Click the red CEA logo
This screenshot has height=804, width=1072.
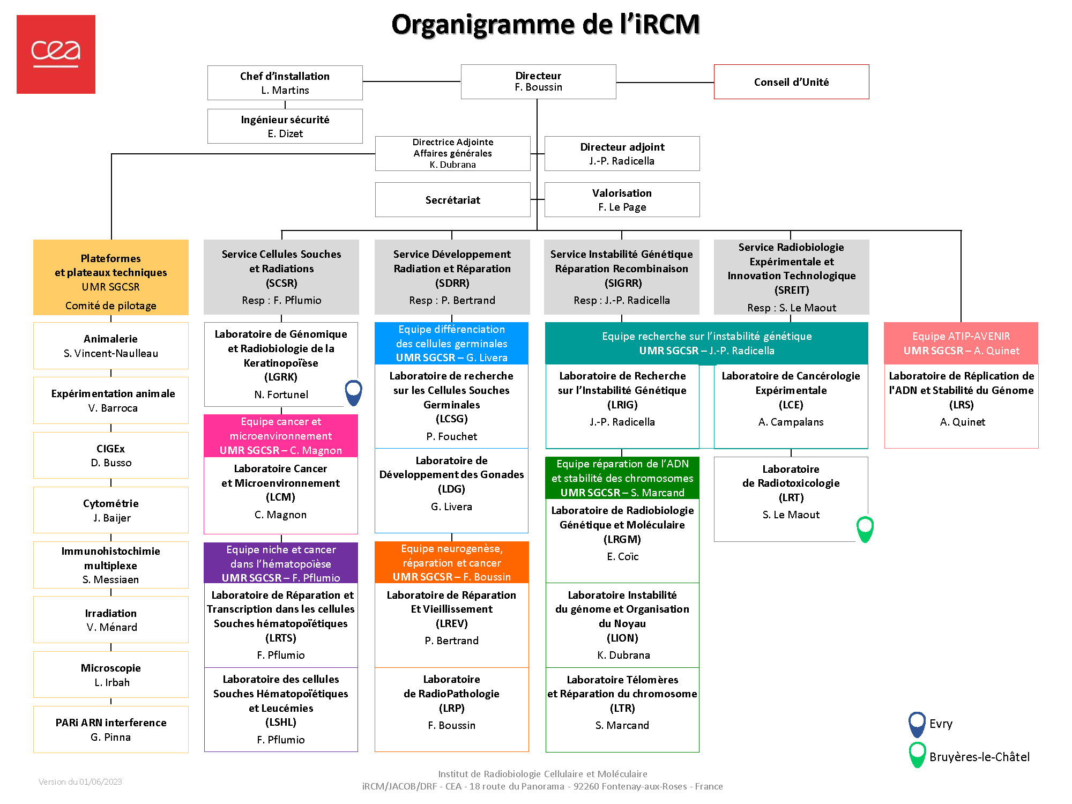tap(56, 54)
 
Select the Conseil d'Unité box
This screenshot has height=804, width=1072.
tap(791, 82)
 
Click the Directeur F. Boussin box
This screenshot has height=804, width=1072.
tap(538, 81)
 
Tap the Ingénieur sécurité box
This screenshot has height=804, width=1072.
tap(285, 126)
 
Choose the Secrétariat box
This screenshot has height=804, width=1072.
tap(452, 200)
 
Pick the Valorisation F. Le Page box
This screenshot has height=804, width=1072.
tap(622, 200)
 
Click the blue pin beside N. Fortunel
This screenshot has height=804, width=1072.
tap(353, 392)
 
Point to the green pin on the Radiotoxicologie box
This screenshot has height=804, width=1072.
tap(865, 528)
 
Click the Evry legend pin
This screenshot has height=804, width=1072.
tap(917, 724)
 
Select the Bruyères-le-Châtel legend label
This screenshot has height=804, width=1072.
tap(979, 757)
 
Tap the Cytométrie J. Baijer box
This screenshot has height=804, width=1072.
tap(111, 510)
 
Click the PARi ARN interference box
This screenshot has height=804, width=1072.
tap(111, 729)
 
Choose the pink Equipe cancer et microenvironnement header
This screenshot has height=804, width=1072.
tap(281, 436)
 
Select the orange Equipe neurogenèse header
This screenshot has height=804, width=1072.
tap(451, 562)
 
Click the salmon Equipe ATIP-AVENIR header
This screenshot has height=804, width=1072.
tap(961, 343)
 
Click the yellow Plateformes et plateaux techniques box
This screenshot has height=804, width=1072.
tap(111, 277)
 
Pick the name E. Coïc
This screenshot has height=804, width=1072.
tap(622, 556)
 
